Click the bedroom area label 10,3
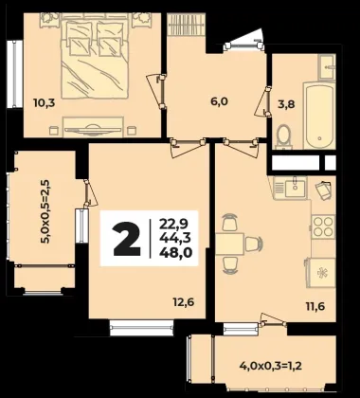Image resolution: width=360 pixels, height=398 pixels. (45, 102)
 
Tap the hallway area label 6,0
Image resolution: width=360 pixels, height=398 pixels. (220, 101)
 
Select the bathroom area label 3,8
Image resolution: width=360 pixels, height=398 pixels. (286, 104)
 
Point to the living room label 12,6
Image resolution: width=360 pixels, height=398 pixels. (183, 302)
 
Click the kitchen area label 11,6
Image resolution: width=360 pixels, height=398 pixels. (315, 306)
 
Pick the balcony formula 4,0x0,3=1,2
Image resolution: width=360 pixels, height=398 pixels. (271, 366)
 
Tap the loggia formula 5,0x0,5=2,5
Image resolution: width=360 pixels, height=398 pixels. (45, 212)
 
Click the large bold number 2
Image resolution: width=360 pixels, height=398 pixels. (127, 239)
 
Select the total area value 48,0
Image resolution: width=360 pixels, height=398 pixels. (176, 253)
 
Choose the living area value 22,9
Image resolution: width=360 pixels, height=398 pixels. (174, 225)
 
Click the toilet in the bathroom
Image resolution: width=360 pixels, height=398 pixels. (283, 136)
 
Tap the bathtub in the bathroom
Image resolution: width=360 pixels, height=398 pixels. (319, 116)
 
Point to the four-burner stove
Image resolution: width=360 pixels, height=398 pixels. (323, 226)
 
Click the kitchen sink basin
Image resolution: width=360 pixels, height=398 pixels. (295, 188)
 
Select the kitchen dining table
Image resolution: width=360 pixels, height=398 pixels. (229, 244)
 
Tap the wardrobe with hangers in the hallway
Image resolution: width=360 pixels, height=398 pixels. (186, 24)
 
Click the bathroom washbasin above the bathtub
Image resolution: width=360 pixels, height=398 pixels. (327, 66)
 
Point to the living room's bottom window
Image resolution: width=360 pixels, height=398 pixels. (142, 328)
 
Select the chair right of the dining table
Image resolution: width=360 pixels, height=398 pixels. (254, 244)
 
